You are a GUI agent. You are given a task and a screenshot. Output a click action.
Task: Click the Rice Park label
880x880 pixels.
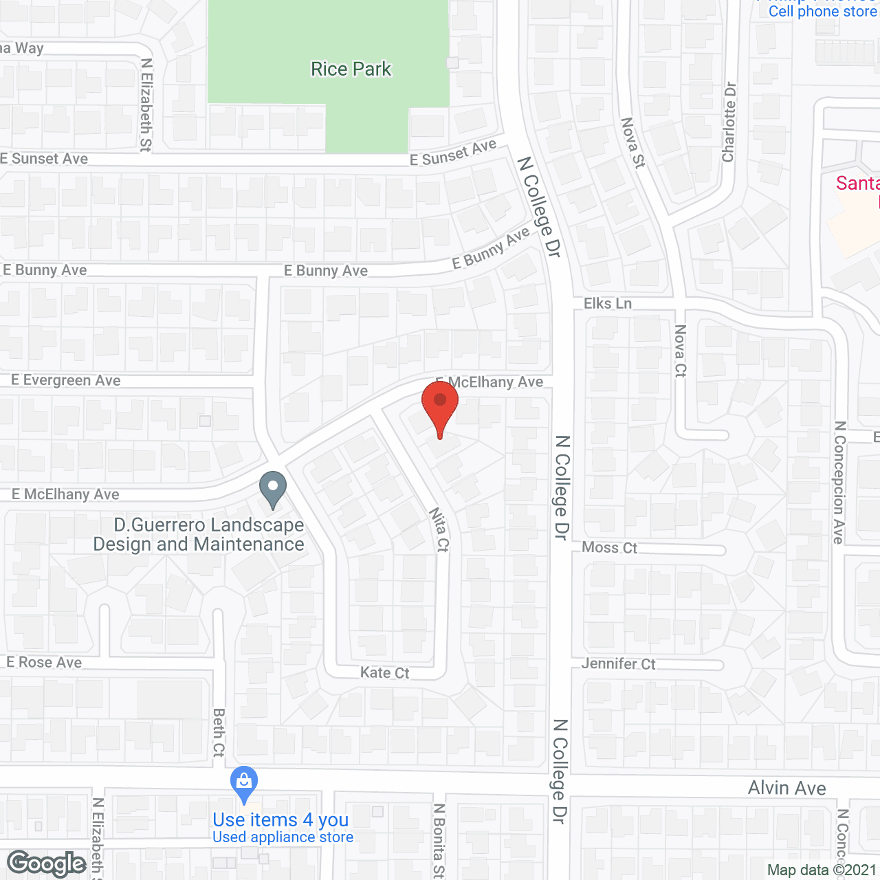click(x=351, y=69)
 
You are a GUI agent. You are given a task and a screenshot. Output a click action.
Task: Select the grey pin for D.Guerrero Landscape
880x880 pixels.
click(x=273, y=489)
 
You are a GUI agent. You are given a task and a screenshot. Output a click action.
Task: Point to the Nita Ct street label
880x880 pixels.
click(x=439, y=529)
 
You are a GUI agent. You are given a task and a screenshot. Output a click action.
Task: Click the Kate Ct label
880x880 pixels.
click(x=384, y=672)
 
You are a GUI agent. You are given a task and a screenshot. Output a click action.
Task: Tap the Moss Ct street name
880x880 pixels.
click(x=609, y=547)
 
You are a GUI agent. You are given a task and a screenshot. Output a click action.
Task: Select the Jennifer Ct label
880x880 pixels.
click(x=618, y=663)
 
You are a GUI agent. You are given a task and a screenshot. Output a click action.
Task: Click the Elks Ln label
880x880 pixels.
click(x=607, y=303)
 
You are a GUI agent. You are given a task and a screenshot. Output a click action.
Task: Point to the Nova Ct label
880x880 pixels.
click(x=680, y=351)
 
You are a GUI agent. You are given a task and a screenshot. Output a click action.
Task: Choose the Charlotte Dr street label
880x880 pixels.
click(x=729, y=122)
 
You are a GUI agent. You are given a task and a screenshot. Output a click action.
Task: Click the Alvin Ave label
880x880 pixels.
click(x=786, y=788)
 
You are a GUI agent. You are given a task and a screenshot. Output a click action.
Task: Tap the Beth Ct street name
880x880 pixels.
click(x=219, y=732)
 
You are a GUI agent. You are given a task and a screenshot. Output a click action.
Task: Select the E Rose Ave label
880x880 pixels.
click(x=44, y=662)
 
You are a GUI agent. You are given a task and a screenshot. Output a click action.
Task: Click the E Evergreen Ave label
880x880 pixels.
click(x=66, y=380)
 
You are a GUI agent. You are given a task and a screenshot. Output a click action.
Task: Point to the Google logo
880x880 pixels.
click(x=47, y=863)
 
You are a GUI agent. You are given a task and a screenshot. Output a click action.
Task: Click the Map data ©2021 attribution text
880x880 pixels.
click(x=822, y=870)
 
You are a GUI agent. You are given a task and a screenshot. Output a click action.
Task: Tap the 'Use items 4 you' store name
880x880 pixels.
click(x=280, y=819)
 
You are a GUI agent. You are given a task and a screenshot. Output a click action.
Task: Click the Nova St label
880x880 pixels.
click(x=633, y=143)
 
